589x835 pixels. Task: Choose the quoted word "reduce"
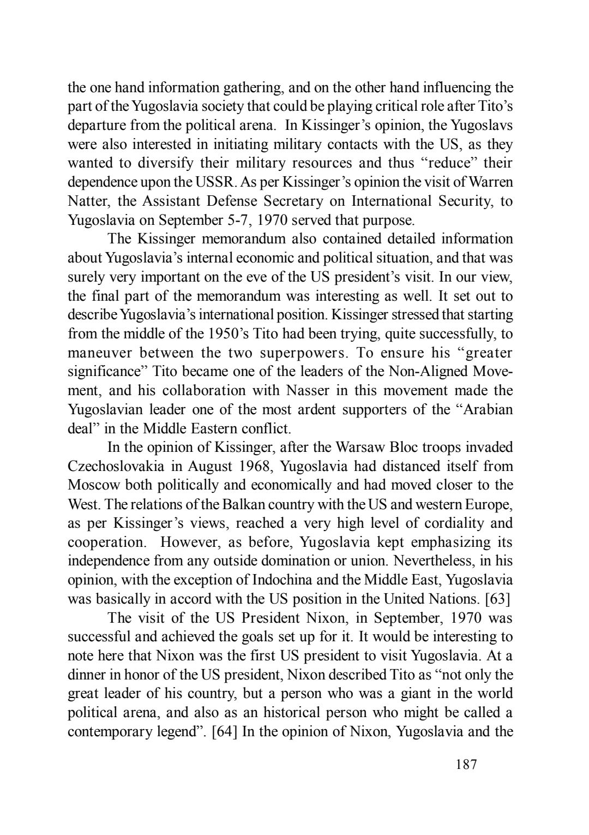(x=442, y=163)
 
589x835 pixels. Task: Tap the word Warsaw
(x=359, y=448)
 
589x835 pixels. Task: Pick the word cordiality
(x=452, y=523)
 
